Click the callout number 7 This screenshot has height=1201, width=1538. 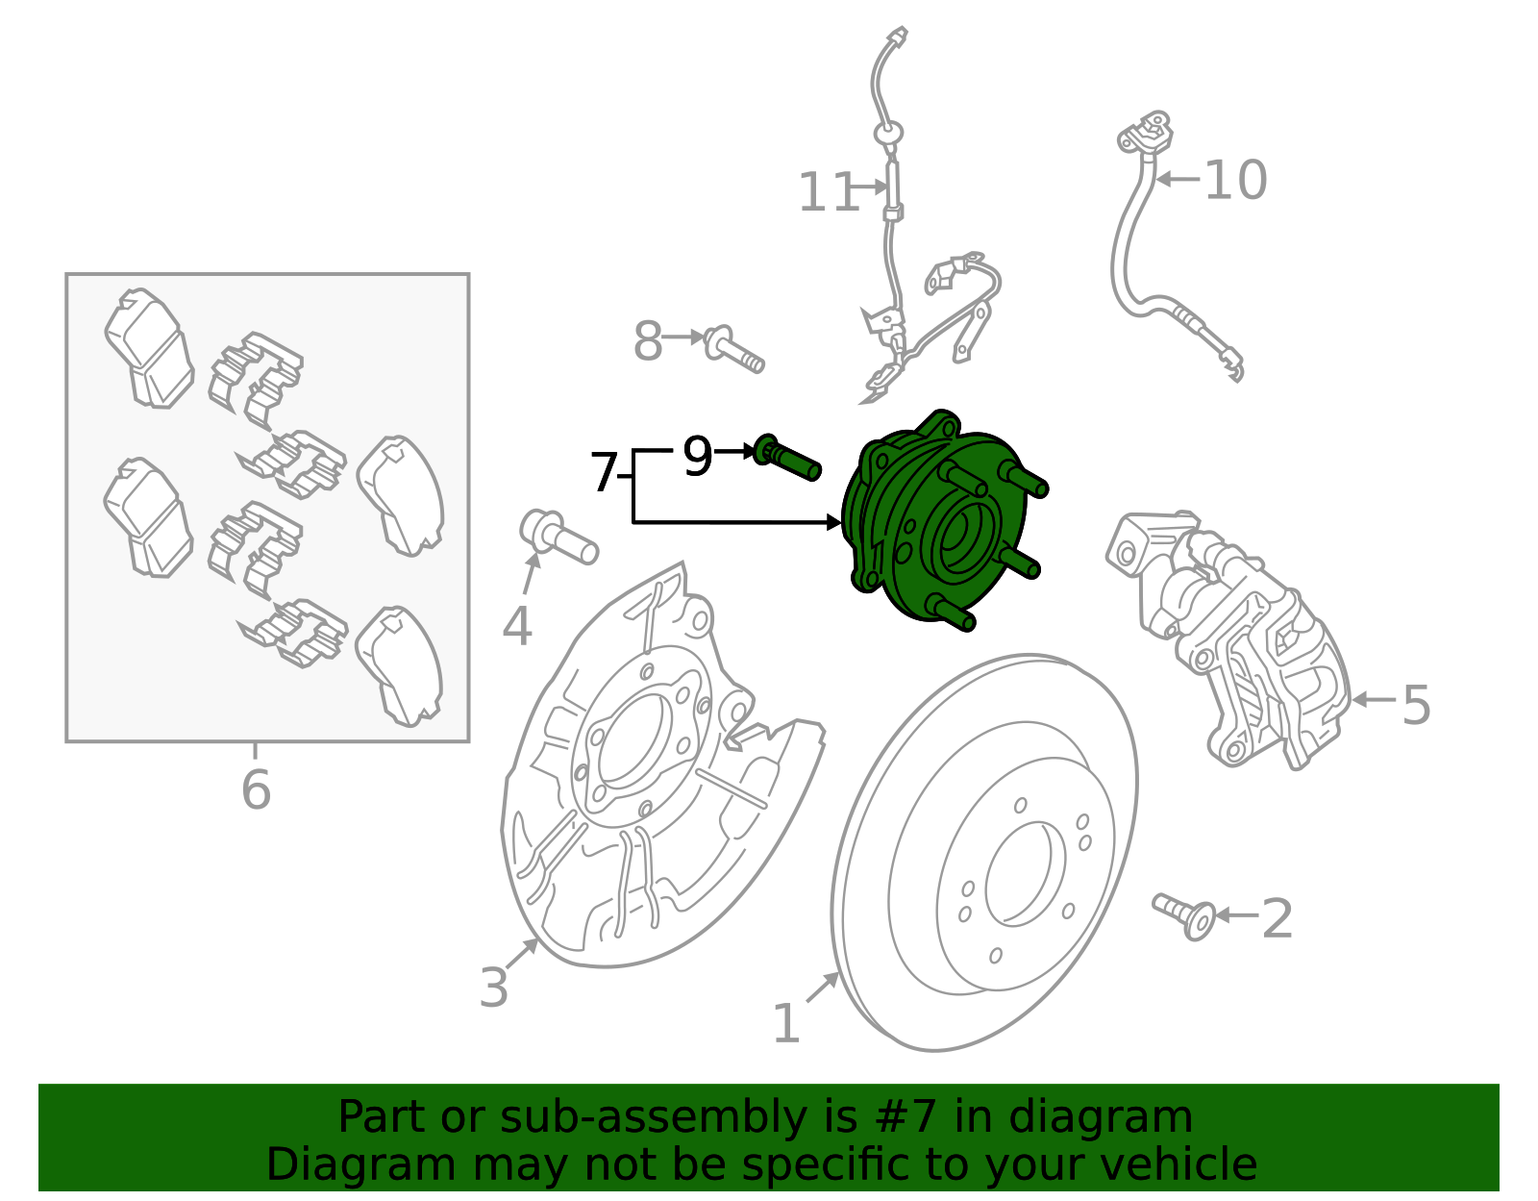pos(603,473)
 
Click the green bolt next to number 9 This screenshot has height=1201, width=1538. pos(788,458)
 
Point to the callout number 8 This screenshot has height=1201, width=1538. pos(648,341)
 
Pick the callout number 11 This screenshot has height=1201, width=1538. pos(827,192)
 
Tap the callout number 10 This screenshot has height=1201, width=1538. pos(1235,181)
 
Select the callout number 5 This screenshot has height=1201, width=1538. pos(1416,705)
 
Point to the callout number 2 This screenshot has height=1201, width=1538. pos(1277,918)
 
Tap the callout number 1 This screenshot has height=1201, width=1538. pos(785,1023)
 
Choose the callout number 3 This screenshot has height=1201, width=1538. pos(493,988)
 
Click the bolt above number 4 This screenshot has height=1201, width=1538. pos(558,538)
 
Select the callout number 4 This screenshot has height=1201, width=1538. pos(517,627)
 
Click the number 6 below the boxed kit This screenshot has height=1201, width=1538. pos(256,790)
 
